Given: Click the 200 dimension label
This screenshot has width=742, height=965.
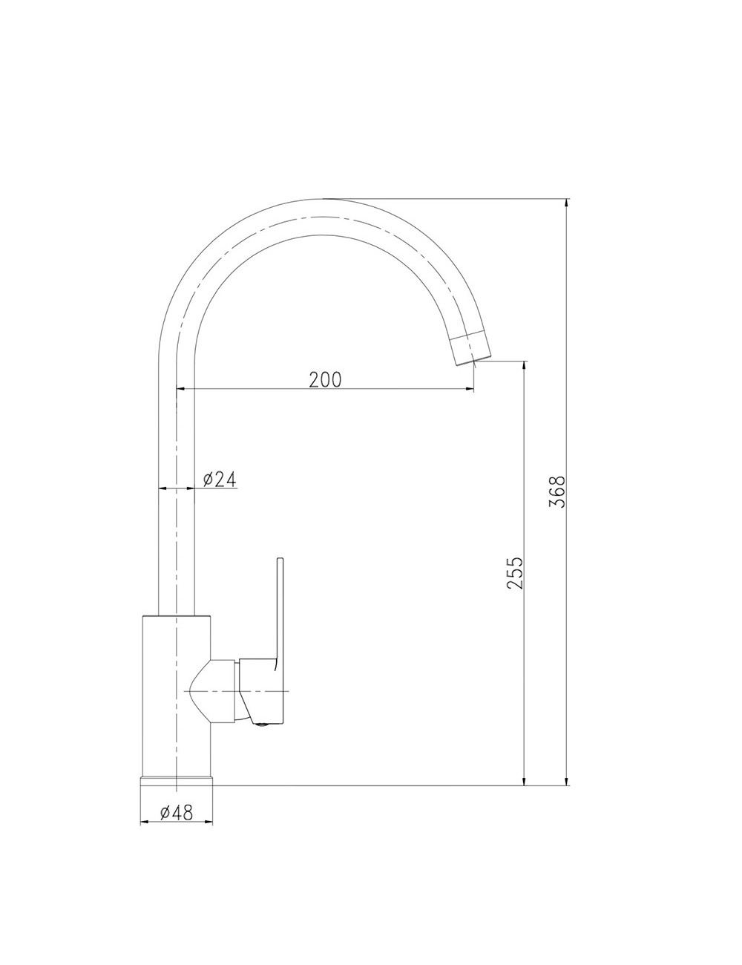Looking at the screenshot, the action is point(325,380).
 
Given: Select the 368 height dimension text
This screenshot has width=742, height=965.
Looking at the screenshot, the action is point(557,491).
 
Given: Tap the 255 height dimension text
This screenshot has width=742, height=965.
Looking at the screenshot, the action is point(515,573).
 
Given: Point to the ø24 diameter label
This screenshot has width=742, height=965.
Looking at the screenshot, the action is point(220,480).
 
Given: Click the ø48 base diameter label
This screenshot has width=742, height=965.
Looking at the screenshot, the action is point(176,813).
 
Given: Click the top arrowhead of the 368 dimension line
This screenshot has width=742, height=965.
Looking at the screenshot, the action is point(566,204).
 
